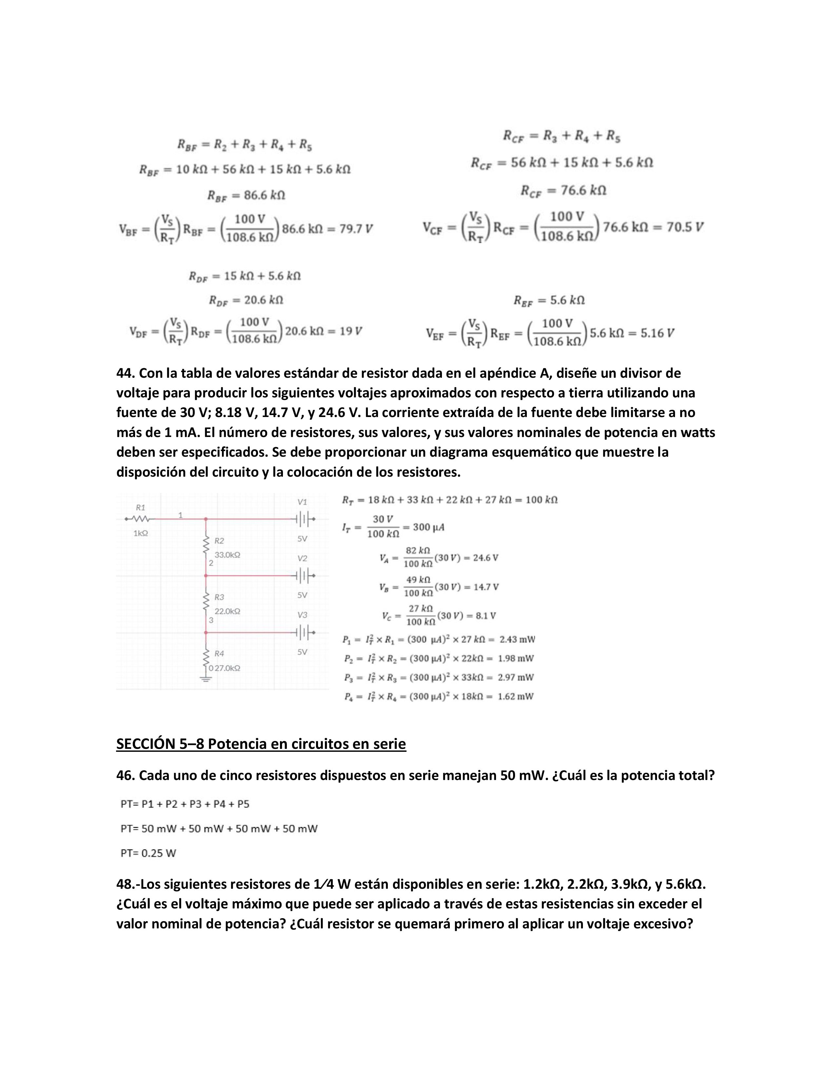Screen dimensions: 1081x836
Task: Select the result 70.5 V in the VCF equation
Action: click(x=685, y=227)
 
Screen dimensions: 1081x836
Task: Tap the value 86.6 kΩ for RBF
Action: click(x=265, y=195)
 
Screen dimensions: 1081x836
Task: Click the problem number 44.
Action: click(x=125, y=373)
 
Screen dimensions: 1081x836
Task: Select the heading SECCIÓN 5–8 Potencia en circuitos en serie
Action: click(x=261, y=744)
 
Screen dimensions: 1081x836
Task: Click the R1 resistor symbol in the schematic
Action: click(x=141, y=519)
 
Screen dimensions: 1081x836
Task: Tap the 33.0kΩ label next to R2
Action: click(x=227, y=555)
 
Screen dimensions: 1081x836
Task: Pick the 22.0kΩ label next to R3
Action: click(x=227, y=611)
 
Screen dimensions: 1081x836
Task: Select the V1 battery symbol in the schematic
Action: click(x=303, y=519)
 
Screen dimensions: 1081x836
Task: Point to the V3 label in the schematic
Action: click(x=302, y=615)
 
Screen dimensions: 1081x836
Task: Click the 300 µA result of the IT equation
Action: click(x=428, y=527)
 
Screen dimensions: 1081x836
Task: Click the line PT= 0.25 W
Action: click(x=149, y=853)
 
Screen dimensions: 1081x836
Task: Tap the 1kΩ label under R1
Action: click(x=141, y=533)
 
